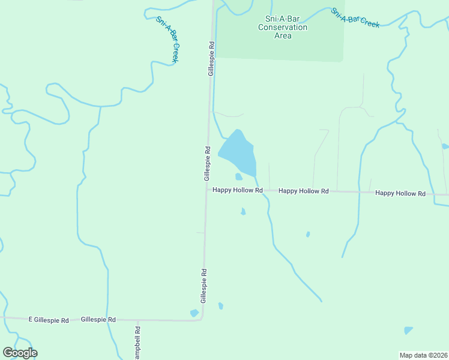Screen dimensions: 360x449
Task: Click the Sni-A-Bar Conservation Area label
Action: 282,27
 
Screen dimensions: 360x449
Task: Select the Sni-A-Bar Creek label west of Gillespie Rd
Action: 168,40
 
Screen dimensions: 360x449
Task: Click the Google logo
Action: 20,353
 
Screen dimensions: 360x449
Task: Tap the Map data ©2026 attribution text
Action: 423,355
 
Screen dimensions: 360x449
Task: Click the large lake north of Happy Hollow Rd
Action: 238,153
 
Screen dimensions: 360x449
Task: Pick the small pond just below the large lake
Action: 239,176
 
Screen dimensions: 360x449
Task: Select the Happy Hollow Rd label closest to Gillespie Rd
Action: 238,190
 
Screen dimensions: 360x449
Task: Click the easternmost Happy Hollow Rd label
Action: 400,193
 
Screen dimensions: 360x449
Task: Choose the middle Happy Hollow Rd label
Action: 304,191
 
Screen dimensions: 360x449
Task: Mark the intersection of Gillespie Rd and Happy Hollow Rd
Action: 206,190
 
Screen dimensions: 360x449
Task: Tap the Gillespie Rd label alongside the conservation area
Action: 211,58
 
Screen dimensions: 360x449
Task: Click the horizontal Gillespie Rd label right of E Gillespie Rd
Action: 98,320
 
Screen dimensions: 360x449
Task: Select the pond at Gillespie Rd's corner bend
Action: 194,313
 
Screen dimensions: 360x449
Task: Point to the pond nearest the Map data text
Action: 408,330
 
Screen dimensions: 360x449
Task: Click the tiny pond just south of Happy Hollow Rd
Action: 243,211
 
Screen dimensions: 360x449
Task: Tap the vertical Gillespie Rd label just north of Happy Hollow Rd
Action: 206,163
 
